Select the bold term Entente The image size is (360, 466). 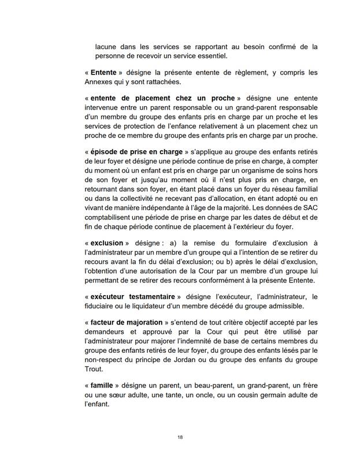pyautogui.click(x=104, y=73)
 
